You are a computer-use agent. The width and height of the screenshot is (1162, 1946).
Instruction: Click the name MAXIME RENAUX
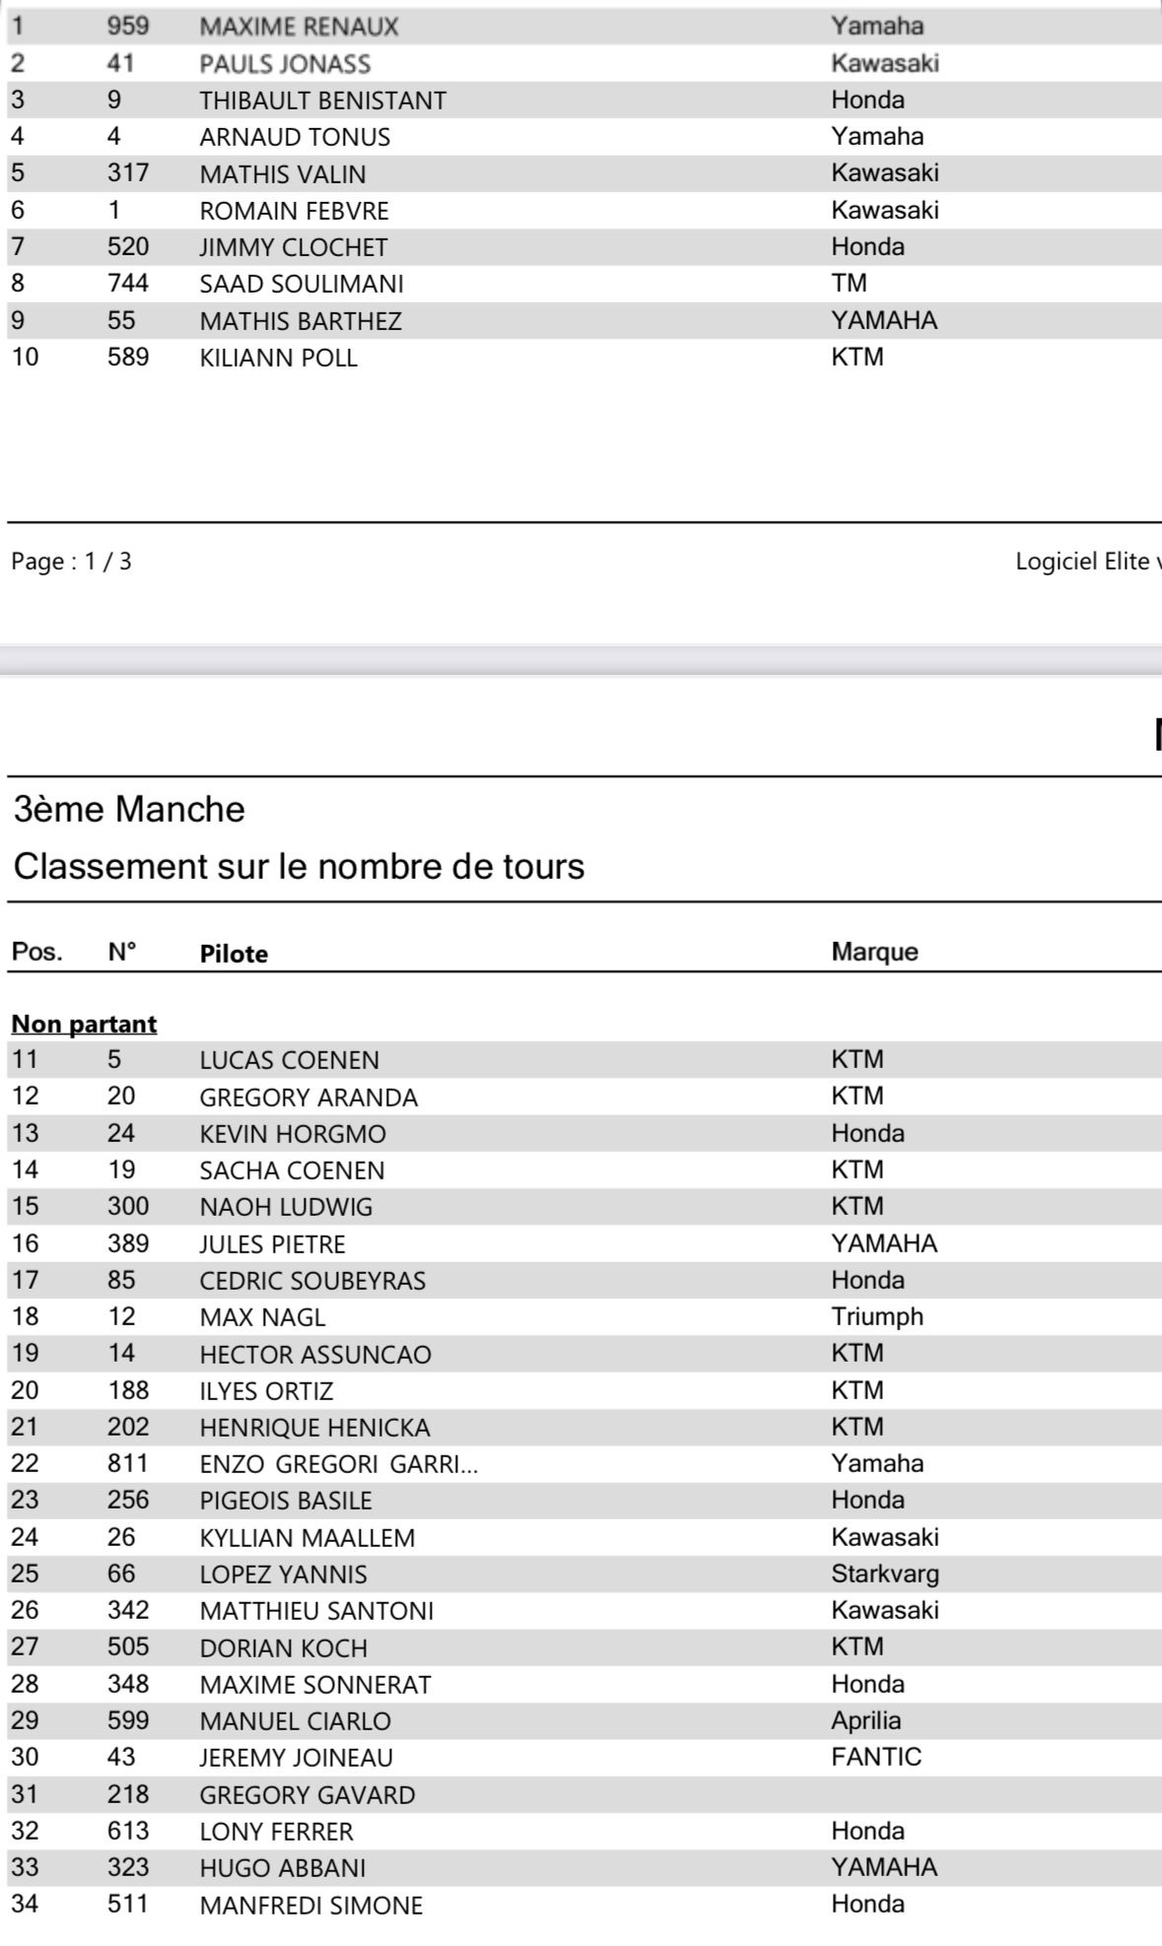[x=299, y=27]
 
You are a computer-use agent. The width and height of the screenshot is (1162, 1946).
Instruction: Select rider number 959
[x=128, y=26]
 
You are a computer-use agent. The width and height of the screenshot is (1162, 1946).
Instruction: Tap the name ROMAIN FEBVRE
[x=294, y=211]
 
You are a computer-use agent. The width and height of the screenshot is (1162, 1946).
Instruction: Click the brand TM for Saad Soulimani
[x=849, y=284]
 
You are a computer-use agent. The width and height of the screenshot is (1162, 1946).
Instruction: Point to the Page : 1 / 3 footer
[x=71, y=562]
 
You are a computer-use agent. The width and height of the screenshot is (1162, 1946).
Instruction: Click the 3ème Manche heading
[x=129, y=809]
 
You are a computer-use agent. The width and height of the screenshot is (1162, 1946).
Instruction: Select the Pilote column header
[x=234, y=953]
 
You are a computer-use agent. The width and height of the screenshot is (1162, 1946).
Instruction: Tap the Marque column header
[x=874, y=952]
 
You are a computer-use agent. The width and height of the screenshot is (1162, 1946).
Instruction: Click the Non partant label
[x=84, y=1024]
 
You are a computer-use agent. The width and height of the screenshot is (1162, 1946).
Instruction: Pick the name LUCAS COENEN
[x=289, y=1060]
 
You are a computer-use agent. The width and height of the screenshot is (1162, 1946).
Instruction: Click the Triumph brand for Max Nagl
[x=877, y=1316]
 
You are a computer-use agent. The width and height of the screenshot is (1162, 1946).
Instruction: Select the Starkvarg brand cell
[x=885, y=1574]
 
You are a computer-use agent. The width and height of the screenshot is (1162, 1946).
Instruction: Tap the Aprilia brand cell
[x=865, y=1720]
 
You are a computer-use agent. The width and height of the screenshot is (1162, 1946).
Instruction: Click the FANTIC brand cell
[x=876, y=1757]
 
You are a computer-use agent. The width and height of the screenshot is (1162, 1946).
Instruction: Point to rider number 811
[x=128, y=1463]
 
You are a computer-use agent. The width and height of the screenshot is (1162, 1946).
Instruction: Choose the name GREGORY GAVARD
[x=307, y=1795]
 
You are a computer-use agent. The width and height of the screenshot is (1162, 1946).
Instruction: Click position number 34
[x=25, y=1904]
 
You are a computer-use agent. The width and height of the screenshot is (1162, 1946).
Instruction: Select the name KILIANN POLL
[x=278, y=358]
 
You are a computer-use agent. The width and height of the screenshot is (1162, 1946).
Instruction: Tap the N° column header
[x=122, y=952]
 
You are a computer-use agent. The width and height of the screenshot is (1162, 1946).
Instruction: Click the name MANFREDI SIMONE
[x=310, y=1906]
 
